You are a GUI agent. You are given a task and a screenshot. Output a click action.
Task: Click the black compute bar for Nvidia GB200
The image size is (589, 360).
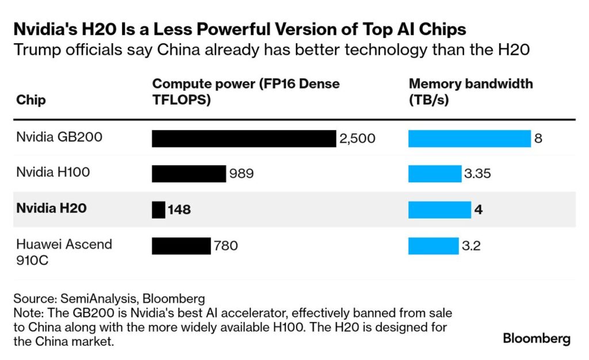click(243, 139)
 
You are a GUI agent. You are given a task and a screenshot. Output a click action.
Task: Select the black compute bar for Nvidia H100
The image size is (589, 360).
click(189, 174)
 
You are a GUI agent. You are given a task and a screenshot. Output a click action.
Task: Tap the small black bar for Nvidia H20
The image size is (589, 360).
click(158, 209)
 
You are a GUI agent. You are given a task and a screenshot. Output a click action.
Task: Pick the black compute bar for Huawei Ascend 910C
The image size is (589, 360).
click(181, 246)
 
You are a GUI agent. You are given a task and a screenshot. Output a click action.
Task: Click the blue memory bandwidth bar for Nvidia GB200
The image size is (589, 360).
click(469, 139)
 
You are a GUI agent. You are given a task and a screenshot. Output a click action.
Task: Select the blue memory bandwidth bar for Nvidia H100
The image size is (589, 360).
click(434, 174)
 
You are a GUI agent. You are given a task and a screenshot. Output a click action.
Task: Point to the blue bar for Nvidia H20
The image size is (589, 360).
click(439, 209)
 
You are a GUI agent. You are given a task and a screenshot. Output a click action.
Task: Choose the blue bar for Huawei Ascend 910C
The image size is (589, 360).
click(433, 246)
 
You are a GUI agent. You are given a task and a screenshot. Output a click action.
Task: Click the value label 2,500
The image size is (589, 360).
click(357, 139)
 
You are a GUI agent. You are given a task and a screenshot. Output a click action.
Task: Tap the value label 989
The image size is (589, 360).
click(242, 174)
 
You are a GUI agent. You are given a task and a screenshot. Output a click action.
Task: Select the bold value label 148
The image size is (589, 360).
click(179, 210)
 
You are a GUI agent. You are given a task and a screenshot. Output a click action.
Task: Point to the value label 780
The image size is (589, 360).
click(225, 246)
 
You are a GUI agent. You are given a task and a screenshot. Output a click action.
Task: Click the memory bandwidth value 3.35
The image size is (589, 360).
click(477, 174)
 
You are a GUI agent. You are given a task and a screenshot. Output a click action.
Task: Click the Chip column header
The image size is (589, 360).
click(31, 100)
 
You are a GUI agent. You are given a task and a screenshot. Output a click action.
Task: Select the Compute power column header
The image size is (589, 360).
click(246, 91)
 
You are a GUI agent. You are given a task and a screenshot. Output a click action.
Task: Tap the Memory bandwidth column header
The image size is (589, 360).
click(471, 91)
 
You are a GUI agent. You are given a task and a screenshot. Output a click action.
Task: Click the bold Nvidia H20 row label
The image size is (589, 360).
click(51, 208)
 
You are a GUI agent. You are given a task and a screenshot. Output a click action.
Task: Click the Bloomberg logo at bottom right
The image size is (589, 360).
click(536, 339)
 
